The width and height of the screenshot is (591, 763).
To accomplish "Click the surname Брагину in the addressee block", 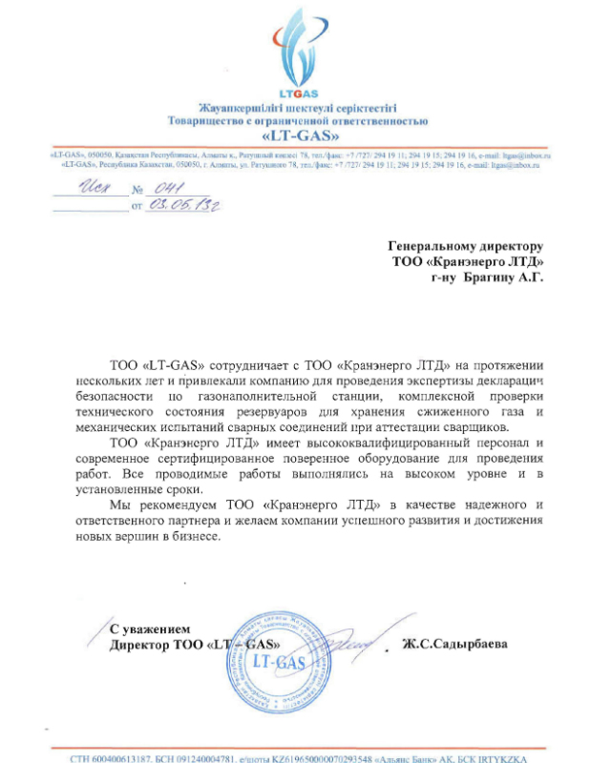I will point(488,278).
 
